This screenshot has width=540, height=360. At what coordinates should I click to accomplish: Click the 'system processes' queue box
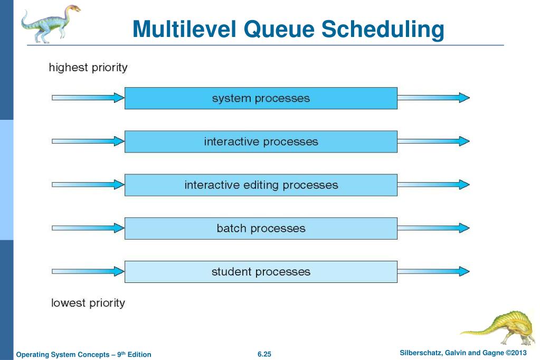(261, 98)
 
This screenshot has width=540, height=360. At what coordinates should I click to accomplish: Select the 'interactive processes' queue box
(261, 141)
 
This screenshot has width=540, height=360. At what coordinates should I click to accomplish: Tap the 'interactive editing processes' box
(261, 185)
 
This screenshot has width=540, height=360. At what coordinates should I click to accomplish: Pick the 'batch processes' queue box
(261, 228)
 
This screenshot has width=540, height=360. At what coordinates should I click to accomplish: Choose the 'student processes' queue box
(261, 271)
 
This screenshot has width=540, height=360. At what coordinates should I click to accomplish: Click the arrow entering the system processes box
(88, 98)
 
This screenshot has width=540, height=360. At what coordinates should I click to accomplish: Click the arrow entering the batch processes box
(88, 228)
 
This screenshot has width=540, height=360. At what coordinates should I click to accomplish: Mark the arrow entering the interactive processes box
(88, 141)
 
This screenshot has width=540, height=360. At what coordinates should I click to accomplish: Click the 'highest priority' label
(88, 68)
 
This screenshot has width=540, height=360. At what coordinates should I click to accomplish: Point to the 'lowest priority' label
(88, 303)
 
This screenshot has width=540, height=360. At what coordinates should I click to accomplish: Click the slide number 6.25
(264, 354)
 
